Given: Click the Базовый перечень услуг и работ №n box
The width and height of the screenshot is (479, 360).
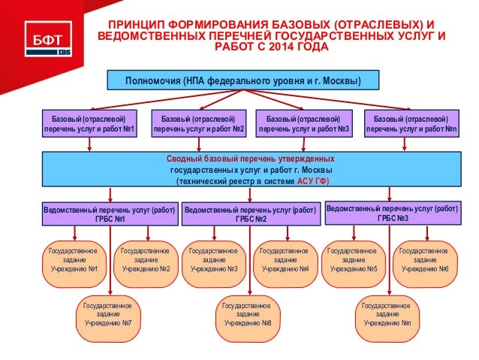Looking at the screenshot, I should tap(411, 123).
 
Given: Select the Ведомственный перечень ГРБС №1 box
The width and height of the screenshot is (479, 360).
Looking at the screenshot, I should tap(110, 213).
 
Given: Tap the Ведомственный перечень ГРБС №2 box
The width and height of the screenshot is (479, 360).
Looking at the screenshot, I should tap(250, 213).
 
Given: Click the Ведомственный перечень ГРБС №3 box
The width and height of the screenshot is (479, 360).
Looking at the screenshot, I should tap(393, 213).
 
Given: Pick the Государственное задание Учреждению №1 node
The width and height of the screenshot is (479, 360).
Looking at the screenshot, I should tap(73, 259).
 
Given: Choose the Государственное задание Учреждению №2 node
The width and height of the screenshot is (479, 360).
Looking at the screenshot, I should tap(146, 259).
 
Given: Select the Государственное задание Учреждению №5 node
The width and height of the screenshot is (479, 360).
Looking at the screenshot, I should tap(353, 259).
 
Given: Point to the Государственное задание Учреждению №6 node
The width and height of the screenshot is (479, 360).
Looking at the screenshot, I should tap(424, 259).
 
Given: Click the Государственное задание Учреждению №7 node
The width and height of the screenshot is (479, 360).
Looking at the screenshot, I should tap(108, 314).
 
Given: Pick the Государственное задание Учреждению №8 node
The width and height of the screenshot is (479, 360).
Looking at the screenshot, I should tap(247, 314).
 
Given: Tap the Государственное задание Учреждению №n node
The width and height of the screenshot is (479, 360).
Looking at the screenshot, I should tap(386, 314).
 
